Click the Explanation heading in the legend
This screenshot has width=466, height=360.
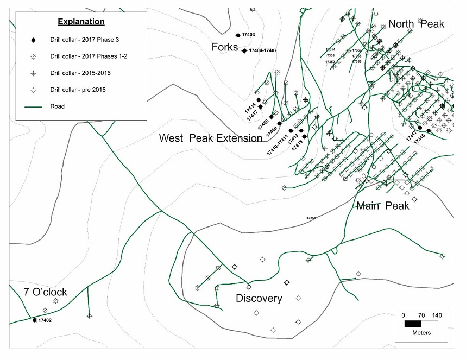(81, 22)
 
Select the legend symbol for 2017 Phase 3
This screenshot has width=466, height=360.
(33, 40)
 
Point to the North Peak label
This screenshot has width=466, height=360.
(415, 24)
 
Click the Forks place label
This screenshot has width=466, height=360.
(224, 48)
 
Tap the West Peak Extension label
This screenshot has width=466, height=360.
(210, 138)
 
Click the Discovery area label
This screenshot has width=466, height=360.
(259, 299)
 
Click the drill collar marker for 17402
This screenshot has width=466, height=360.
(34, 320)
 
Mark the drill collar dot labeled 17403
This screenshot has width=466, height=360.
(238, 35)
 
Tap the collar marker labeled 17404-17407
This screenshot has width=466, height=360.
(244, 50)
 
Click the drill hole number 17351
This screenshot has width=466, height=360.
(311, 218)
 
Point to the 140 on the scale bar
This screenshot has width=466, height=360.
(437, 314)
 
